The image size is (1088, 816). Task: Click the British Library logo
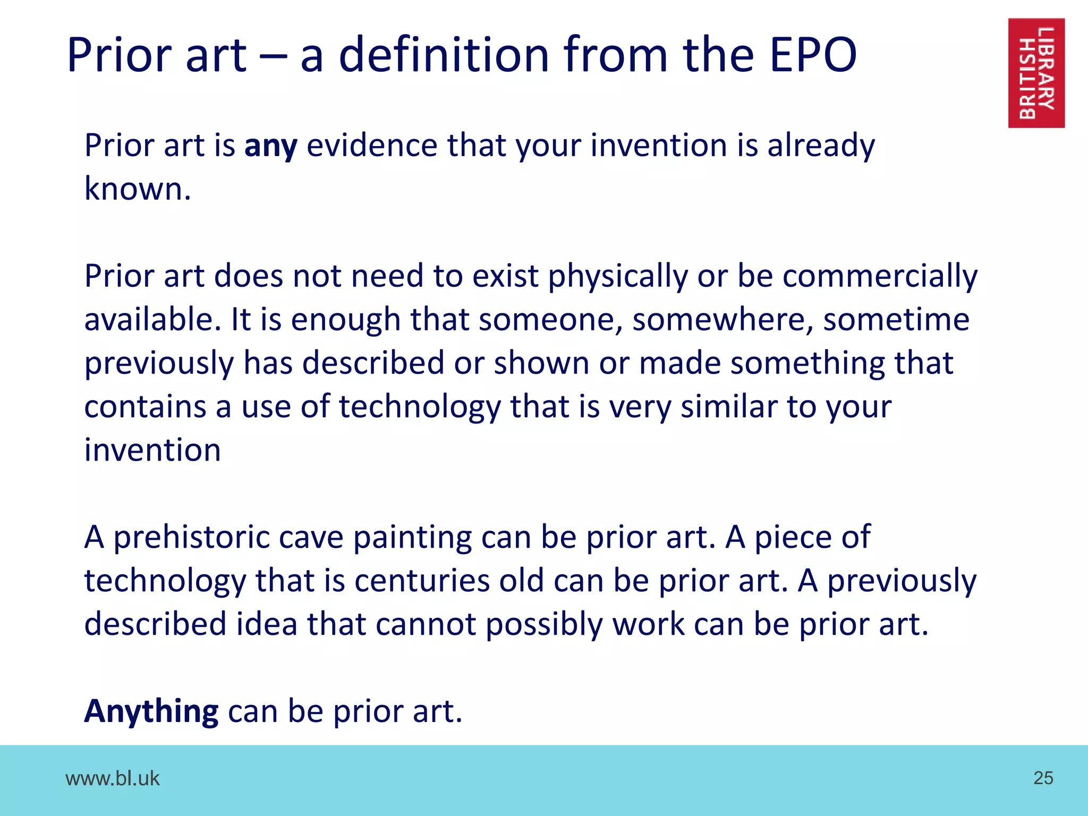point(1036,73)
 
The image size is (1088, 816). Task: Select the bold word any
point(270,147)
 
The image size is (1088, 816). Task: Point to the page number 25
point(1043,778)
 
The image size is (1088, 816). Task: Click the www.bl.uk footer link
point(112,778)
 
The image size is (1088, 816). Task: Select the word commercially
point(880,277)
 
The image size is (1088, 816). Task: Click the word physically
point(617,277)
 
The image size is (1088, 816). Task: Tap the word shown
point(541,363)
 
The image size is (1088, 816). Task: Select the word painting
point(412,537)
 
